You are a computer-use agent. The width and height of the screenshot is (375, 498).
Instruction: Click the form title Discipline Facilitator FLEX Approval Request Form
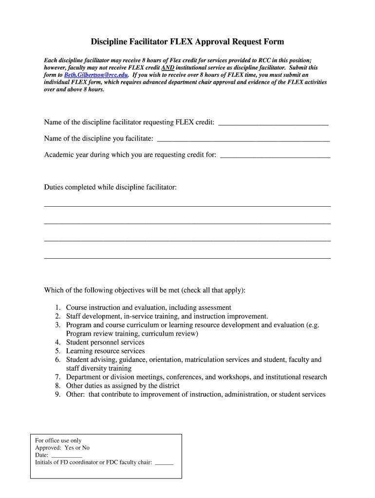coord(187,42)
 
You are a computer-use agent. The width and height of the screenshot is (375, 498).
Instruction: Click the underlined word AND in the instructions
coord(168,68)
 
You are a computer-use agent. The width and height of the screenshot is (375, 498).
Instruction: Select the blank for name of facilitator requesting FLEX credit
coord(273,122)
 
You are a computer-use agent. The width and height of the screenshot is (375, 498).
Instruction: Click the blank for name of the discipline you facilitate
coord(244,139)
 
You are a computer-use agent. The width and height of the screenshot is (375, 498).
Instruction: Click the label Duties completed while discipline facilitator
coord(111,187)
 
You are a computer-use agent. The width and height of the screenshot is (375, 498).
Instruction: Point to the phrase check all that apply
coord(214,290)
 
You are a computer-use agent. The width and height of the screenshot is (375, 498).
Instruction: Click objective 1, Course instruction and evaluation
coord(149,307)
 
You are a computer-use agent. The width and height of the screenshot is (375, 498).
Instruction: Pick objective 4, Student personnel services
coord(105,342)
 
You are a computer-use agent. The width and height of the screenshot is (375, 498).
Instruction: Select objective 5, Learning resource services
coord(105,351)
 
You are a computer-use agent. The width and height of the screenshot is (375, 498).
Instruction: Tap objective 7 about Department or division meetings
coord(196,377)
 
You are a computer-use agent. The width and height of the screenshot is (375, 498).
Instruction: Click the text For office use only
coord(58,441)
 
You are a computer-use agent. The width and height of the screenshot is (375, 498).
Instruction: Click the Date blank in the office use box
coord(66,455)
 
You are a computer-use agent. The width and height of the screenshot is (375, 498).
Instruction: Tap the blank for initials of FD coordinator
coord(164,462)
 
